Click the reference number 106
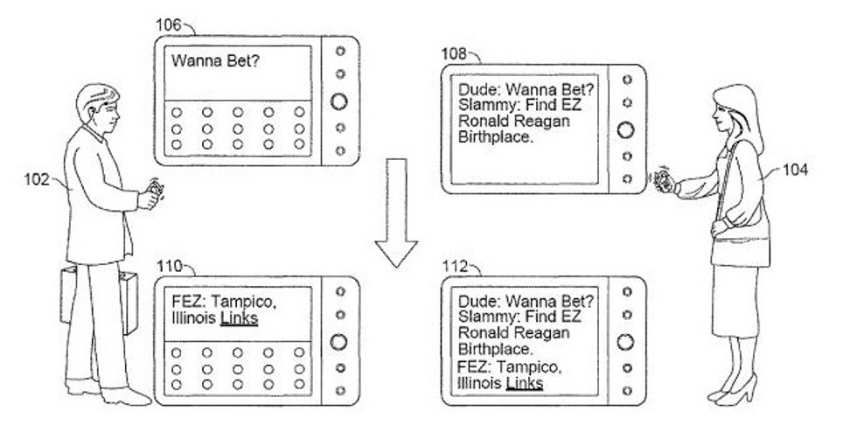pos(169,24)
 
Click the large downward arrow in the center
pos(398,211)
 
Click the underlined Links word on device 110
pos(239,318)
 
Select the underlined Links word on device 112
pos(525,383)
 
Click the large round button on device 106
pos(339,100)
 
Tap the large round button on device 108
pos(625,129)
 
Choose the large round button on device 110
pos(339,342)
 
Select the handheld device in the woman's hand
pos(662,181)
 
